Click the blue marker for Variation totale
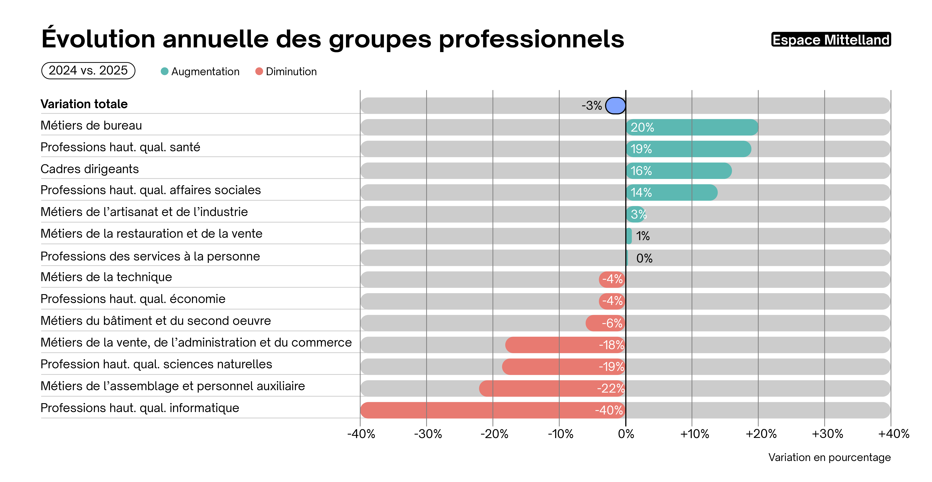pos(615,106)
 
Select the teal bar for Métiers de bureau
pos(692,127)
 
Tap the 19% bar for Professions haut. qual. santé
pos(688,149)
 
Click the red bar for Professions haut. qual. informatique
pos(493,410)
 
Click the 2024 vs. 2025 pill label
pos(88,70)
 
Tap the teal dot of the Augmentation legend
pos(165,71)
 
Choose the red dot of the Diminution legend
pos(259,71)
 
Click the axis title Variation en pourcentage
pos(829,457)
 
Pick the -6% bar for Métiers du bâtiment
pos(605,323)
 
